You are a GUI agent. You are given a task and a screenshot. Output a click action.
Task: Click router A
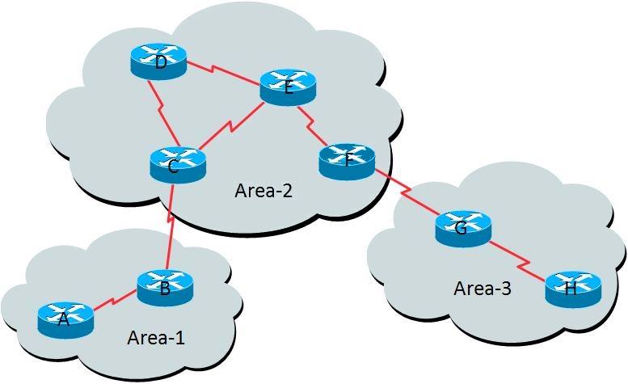[x=66, y=320]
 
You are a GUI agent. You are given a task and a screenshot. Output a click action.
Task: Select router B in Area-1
[x=165, y=289]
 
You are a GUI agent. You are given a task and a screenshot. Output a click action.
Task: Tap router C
[x=178, y=165]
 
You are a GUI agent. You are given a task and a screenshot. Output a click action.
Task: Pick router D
[x=158, y=61]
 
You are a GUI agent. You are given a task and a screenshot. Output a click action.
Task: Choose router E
[x=288, y=87]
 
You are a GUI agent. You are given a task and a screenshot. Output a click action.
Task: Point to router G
[x=463, y=229]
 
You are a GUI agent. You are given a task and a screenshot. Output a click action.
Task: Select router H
[x=574, y=289]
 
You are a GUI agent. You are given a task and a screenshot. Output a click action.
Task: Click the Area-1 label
[x=156, y=338]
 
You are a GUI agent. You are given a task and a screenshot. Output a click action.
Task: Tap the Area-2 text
[x=264, y=191]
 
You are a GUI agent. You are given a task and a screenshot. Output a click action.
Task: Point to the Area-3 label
[x=483, y=289]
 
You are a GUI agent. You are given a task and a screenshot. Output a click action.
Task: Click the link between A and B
[x=113, y=300]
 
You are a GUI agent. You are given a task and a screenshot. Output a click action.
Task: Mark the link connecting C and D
[x=163, y=113]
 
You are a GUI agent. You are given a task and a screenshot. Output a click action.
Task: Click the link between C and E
[x=231, y=126]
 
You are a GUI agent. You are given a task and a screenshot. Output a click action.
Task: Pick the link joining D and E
[x=224, y=74]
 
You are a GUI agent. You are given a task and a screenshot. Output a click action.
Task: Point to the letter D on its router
[x=161, y=63]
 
